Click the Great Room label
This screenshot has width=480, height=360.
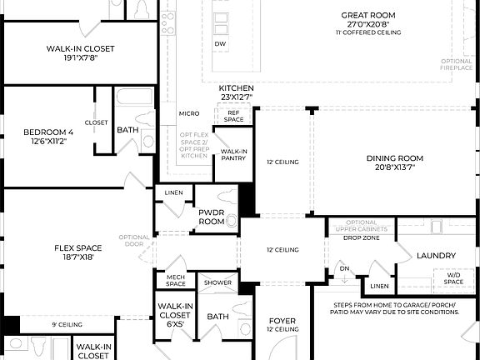(371, 14)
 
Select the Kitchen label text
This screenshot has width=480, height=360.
(236, 88)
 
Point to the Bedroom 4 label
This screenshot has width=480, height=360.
(47, 132)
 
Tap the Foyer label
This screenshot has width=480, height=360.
(282, 321)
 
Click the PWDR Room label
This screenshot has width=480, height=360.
(212, 217)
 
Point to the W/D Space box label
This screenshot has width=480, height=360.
(453, 278)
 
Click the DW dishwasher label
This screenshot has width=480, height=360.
(220, 43)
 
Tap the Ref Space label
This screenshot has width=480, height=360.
(234, 116)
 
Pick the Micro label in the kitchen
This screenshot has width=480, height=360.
(188, 113)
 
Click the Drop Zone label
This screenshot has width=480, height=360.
(362, 237)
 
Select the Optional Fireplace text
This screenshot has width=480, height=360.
(457, 65)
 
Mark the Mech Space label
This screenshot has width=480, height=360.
(175, 282)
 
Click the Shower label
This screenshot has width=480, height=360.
(218, 282)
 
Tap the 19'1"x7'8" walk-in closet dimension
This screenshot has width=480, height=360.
(80, 59)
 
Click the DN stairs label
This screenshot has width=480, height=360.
(343, 269)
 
